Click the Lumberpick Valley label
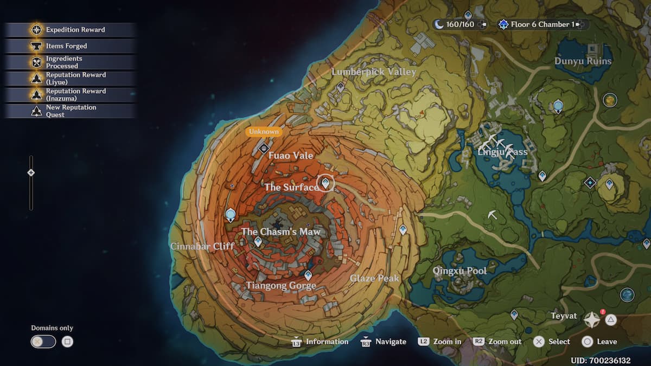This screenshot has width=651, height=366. (374, 72)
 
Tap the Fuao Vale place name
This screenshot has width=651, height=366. (291, 156)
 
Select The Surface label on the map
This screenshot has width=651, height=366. (291, 187)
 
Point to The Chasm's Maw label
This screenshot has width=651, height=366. (280, 232)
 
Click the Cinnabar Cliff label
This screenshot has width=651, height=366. (202, 246)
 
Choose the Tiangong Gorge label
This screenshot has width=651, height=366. (280, 285)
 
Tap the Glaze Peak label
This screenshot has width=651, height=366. (374, 278)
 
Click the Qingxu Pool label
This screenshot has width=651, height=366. (459, 271)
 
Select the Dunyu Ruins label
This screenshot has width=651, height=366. (583, 61)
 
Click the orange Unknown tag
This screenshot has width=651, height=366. (264, 131)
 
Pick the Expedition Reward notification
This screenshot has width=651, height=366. (70, 30)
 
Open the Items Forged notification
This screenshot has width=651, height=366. (70, 46)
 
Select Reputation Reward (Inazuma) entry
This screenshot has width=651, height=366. (70, 94)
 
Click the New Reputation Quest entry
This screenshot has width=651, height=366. (70, 111)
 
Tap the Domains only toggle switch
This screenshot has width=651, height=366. (43, 342)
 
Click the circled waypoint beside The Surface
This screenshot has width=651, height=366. (325, 183)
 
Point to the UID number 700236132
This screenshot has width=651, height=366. (600, 361)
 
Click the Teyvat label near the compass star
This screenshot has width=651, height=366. (564, 316)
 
